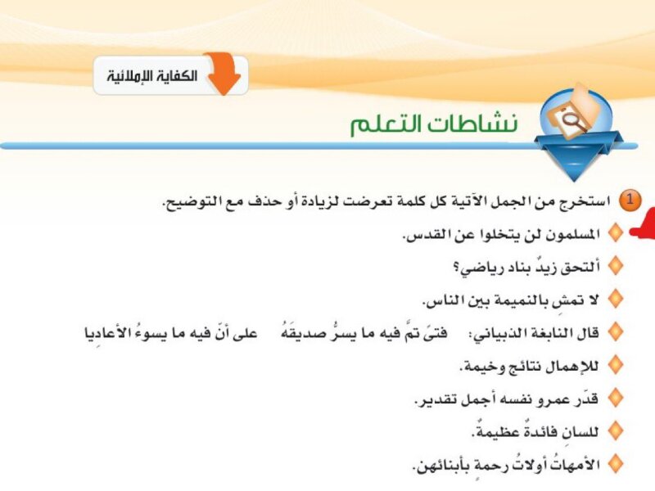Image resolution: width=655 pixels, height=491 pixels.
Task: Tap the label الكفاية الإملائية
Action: coord(151,76)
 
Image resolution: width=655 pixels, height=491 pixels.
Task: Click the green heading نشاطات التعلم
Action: coord(434,124)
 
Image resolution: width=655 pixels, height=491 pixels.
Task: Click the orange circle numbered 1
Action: coord(629,200)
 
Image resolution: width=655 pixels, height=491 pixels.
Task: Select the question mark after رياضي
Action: coord(456,268)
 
